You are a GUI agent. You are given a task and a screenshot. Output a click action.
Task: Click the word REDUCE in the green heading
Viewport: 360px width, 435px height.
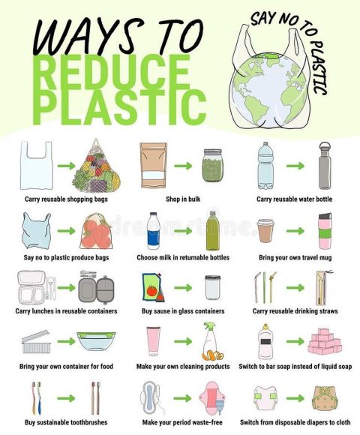113,72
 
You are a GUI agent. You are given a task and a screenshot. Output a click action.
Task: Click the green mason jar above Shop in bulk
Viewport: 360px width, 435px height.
213,165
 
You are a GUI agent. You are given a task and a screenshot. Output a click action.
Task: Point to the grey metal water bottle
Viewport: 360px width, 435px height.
325,166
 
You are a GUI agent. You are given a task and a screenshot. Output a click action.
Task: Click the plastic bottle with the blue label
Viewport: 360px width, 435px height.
153,231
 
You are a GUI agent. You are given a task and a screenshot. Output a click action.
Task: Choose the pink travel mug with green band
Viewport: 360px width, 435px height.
325,231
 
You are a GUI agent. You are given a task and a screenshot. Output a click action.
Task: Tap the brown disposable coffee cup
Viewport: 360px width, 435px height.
265,230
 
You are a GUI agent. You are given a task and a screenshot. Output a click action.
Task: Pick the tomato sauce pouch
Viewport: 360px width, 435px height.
152,287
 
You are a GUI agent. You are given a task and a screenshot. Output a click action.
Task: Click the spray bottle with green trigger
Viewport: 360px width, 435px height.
212,341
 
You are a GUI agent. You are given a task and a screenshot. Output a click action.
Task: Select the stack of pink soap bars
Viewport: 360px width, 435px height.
325,341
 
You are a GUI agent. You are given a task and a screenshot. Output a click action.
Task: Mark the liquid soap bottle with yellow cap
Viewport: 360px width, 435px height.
265,341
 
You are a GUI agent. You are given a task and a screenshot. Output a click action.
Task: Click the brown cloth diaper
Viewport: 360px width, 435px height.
325,397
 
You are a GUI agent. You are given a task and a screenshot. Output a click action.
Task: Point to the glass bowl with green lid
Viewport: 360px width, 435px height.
96,341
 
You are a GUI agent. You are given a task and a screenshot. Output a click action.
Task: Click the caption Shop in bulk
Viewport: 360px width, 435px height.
183,199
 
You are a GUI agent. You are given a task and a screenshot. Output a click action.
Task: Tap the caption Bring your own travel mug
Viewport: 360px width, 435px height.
295,257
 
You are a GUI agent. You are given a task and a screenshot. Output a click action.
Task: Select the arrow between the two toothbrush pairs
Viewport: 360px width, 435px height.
66,398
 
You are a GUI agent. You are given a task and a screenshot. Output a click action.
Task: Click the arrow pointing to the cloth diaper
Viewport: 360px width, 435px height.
295,398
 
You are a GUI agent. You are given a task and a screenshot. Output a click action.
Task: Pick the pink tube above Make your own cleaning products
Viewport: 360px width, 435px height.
153,341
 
